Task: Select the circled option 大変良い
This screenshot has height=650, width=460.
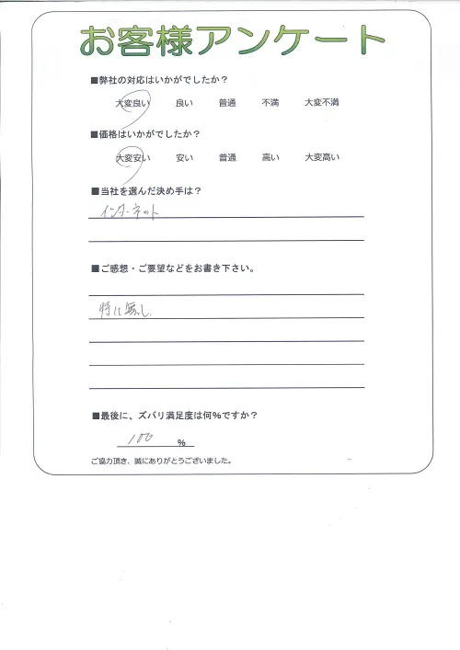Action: click(x=132, y=104)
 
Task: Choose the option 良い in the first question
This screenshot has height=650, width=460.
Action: click(x=184, y=104)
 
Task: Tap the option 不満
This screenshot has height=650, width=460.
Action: click(x=270, y=104)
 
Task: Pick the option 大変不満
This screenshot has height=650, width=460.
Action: click(x=322, y=104)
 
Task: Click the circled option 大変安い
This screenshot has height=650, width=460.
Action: click(x=132, y=158)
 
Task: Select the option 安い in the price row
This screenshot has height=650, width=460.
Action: click(x=184, y=158)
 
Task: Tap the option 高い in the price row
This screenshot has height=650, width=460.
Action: click(x=270, y=158)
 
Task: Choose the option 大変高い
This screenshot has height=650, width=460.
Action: click(x=322, y=158)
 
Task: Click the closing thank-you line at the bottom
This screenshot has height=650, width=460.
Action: click(x=160, y=461)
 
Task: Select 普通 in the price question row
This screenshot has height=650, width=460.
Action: click(x=228, y=158)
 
